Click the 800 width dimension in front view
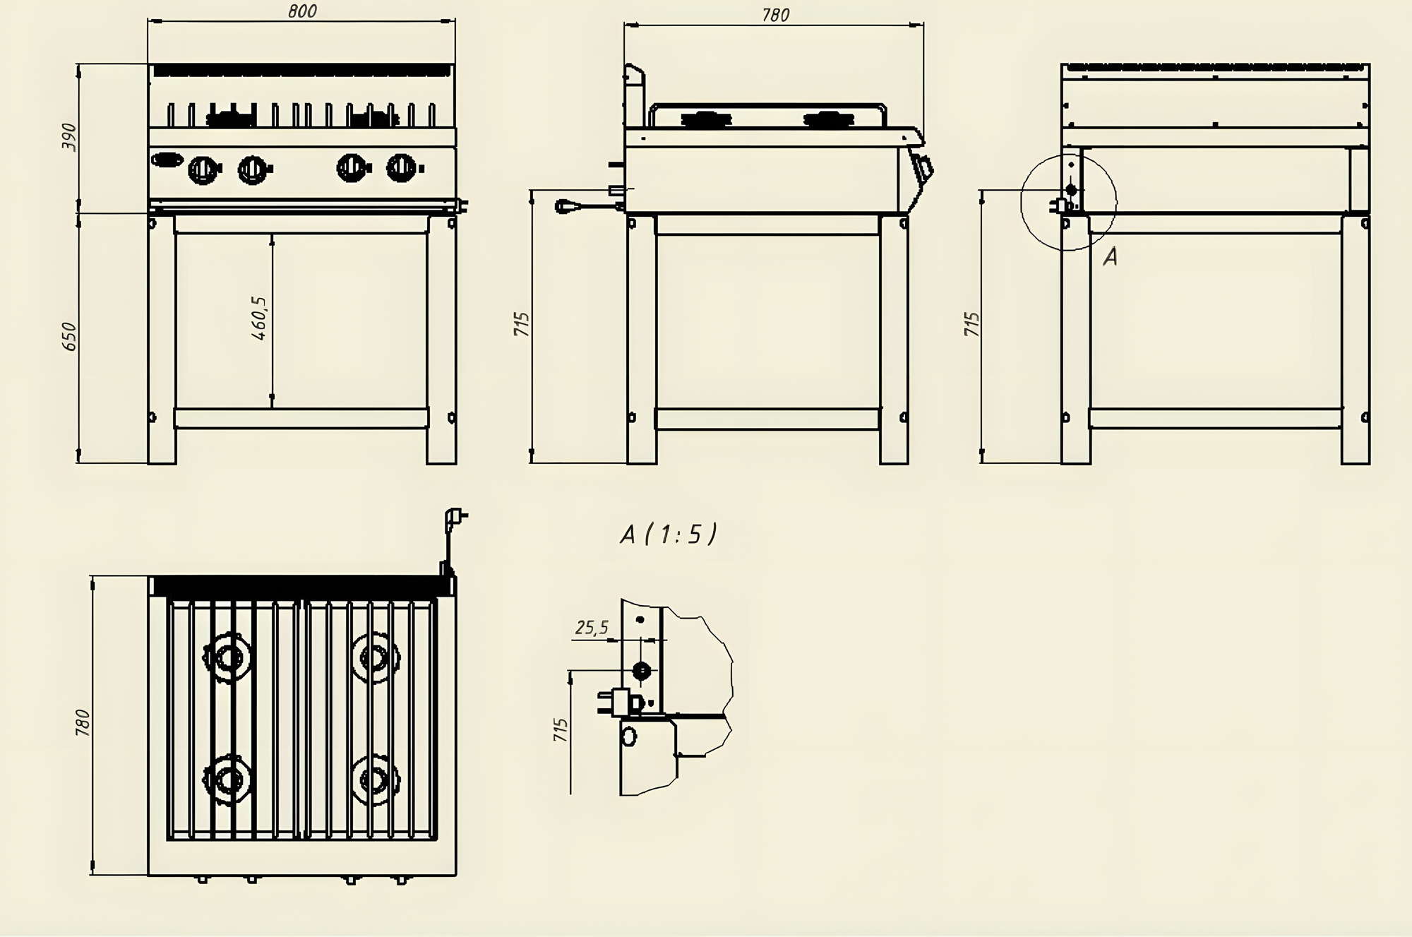coord(302,11)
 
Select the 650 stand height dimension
coord(69,336)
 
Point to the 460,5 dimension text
coord(260,318)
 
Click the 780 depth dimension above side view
coord(775,15)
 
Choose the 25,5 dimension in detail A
coord(592,627)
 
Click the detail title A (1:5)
coord(668,535)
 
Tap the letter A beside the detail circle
coord(1110,257)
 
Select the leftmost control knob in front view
coord(203,169)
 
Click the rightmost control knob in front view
coord(402,167)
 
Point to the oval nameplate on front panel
coord(167,160)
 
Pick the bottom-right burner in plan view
coord(373,780)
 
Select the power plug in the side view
coord(565,206)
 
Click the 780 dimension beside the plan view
coord(83,722)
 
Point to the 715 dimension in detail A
coord(561,729)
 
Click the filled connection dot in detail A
coord(641,670)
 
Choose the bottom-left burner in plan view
coord(227,780)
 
